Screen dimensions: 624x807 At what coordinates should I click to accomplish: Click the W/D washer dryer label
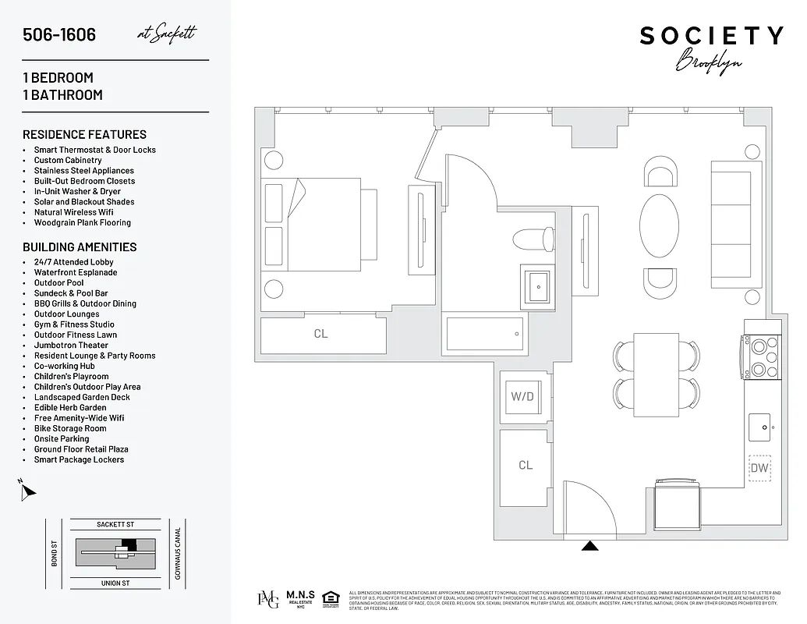coord(522,396)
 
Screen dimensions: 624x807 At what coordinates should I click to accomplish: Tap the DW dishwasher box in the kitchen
coord(759,468)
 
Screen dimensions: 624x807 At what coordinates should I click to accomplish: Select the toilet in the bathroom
coord(536,236)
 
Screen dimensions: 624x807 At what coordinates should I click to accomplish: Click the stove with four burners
coord(759,355)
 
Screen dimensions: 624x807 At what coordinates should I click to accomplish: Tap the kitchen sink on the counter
coord(761,426)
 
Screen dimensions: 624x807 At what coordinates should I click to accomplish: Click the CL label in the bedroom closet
coord(320,334)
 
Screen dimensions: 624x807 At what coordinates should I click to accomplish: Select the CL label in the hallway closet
coord(526,465)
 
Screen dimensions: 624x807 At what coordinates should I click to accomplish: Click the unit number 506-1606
coord(59,35)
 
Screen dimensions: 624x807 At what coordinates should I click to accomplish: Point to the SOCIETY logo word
coord(711,35)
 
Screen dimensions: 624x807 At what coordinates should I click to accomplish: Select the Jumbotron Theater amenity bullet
coord(71,346)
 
